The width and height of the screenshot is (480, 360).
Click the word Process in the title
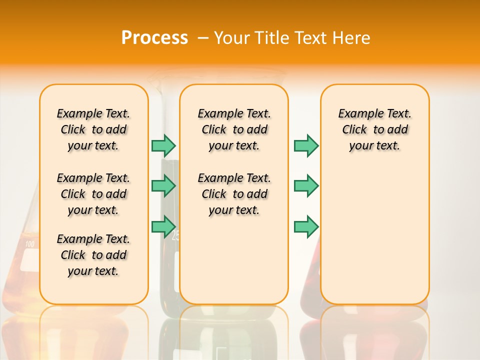point(154,38)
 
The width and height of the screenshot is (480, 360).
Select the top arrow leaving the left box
point(163,145)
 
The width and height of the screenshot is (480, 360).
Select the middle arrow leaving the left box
point(163,186)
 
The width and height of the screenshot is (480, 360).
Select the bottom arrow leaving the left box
point(163,226)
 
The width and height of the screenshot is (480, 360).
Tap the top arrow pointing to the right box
point(306,145)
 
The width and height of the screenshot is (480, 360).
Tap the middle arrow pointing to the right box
point(306,186)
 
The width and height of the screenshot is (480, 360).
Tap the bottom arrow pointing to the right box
point(306,226)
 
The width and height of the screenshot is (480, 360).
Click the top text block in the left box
point(93,129)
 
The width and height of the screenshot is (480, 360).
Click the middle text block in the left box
point(93,194)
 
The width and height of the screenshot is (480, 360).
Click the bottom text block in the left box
point(93,255)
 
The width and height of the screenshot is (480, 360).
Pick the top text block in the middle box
point(234,129)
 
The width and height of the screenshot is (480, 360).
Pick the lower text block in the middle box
point(234,194)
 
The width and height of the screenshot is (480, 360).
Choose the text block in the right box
point(374,129)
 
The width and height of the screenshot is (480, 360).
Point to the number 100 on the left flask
point(29,244)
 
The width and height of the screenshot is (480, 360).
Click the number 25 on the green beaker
point(175,236)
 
